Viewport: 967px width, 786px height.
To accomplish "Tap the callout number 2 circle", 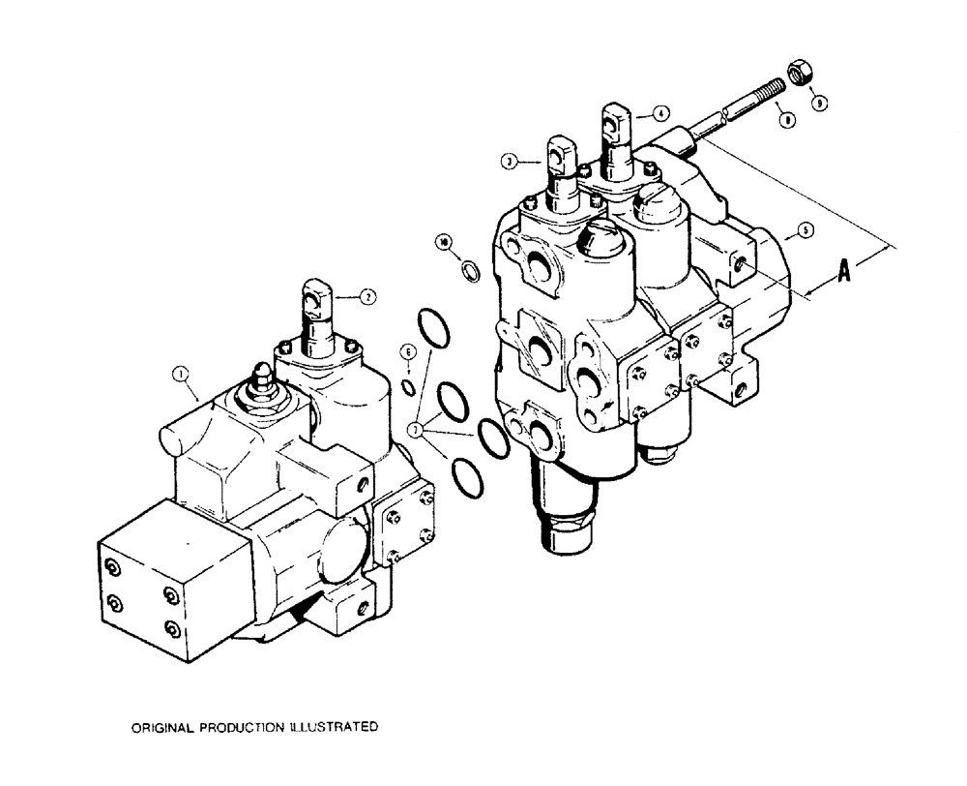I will point(367,298).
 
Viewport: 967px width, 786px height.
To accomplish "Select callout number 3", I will point(508,161).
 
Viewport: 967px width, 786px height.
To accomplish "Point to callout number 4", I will point(659,112).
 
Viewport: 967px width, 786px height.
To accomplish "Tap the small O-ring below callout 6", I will point(409,388).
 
